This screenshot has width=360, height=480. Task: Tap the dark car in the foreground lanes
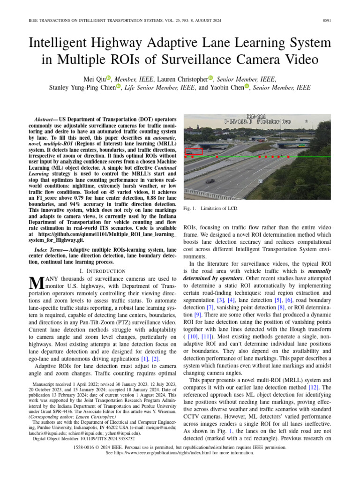(211, 180)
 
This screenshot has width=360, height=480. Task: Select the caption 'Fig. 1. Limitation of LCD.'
(211, 208)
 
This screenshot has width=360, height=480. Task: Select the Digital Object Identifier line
(82, 439)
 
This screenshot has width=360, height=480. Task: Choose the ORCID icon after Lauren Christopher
(210, 78)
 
